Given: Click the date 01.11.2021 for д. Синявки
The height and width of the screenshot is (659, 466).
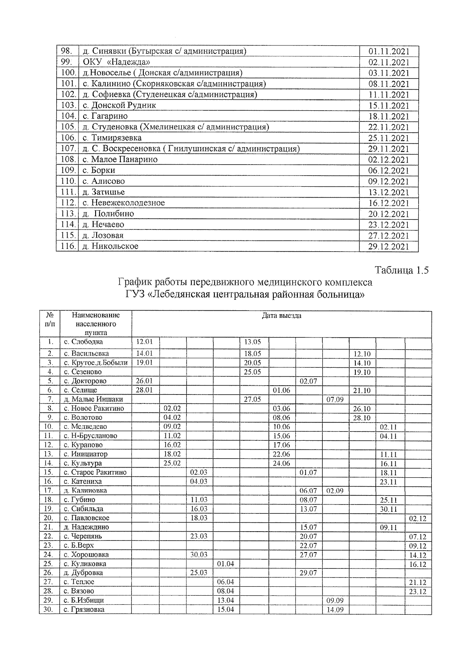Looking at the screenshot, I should coord(388,51).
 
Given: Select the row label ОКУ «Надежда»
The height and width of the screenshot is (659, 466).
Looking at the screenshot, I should coord(116,62).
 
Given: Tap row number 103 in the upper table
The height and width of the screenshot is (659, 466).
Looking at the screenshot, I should coord(68,105).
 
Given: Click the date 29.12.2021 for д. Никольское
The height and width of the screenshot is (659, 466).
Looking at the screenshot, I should coord(388,246).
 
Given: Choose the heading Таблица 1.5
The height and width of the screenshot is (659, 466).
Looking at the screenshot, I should coord(402,270).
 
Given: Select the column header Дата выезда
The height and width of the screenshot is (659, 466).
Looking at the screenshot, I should coord(281,316).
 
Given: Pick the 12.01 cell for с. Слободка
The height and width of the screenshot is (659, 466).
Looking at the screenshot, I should coord(145,342).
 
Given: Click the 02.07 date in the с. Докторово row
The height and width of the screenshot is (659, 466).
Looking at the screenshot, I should coord(308,381).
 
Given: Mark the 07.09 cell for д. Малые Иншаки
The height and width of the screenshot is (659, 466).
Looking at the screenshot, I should coord(335,400).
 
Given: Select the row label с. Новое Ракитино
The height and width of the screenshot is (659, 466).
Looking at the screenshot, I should coord(94,409).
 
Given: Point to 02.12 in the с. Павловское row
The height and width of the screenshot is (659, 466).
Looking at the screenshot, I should coord(418,518).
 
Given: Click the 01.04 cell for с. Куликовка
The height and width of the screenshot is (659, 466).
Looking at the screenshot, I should coord(226,564).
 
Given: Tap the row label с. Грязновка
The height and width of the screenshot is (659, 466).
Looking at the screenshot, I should coord(84,610).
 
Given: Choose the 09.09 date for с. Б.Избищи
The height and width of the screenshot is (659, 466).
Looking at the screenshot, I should coord(335,600).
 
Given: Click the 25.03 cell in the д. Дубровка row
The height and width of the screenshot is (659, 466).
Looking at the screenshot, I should coord(199,573).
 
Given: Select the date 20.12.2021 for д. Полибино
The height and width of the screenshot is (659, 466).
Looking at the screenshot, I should coord(388,214).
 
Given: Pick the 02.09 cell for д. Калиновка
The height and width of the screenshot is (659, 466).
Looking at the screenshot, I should coord(335,491).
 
